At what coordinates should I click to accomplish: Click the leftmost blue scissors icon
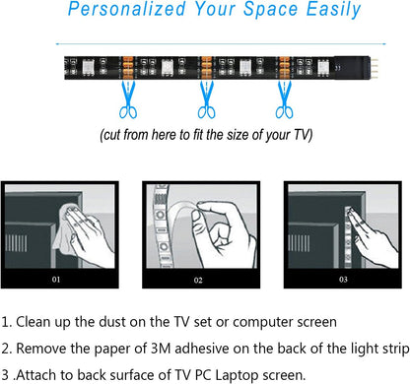127,97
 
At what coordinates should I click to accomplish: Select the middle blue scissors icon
208,97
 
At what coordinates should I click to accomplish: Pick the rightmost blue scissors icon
285,97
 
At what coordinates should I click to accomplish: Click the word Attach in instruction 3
41,374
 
